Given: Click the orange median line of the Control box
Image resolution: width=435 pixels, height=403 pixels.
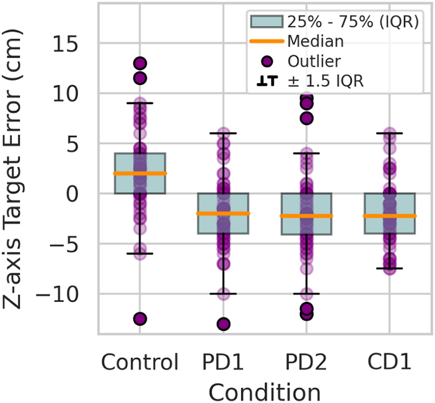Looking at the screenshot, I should [140, 174].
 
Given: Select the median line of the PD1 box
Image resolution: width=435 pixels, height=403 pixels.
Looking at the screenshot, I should [223, 213].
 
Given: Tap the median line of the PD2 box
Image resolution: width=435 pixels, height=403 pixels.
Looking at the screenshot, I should [306, 216].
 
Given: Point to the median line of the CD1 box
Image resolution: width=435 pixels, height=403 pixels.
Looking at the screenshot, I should [389, 216].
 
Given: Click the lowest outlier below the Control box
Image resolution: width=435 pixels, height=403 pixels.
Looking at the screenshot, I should [140, 319].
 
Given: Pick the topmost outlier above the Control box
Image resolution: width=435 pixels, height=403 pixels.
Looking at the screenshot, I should [140, 63].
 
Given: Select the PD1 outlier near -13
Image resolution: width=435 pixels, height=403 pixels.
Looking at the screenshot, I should [223, 324].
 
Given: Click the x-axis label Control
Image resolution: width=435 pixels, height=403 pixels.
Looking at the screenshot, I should [140, 361].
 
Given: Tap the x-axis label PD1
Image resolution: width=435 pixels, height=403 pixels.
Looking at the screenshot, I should [223, 361].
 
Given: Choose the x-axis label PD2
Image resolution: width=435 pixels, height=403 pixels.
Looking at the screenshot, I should [306, 361].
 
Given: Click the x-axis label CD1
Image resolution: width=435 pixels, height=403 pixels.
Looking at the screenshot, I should [389, 361].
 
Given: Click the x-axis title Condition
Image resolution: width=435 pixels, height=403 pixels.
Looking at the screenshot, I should [264, 391].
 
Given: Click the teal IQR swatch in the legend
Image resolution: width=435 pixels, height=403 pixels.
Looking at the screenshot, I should [267, 21].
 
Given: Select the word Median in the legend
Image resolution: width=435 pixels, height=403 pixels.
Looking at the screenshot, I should [315, 41].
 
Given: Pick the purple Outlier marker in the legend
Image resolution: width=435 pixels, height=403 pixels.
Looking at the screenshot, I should [267, 61].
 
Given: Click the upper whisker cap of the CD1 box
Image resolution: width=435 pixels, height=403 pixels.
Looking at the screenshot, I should [389, 133].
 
